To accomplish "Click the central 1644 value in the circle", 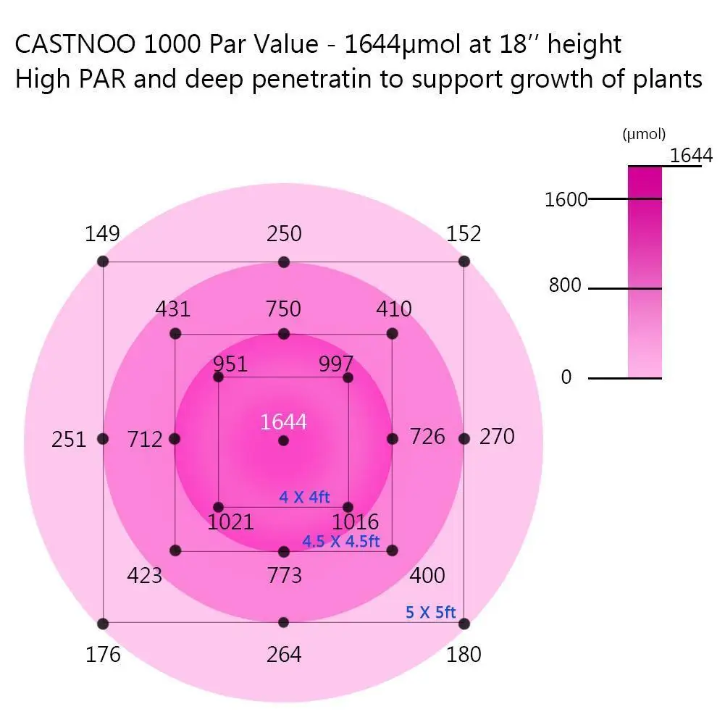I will pos(283,422).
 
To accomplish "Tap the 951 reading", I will pos(230,364).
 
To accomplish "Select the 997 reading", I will pos(336,364).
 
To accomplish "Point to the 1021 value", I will pos(230,521).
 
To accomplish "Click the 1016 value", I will pos(355,521).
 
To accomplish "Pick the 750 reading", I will pos(283,309).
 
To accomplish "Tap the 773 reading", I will pos(284,576).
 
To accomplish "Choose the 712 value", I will pos(145,439).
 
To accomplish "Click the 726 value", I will pos(428,437).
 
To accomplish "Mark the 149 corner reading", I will pos(102,234).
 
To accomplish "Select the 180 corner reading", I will pos(464,655).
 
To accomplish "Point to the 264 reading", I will pos(284,655).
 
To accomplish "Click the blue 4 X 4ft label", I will pos(304,498).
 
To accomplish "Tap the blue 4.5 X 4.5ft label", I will pos(340,542).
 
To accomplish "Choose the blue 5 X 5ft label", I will pos(430,613).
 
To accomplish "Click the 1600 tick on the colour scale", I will pos(566,199).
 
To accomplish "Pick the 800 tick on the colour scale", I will pos(565,286).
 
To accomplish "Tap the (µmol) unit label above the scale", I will pos(644,134).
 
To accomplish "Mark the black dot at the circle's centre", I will pos(283,440).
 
